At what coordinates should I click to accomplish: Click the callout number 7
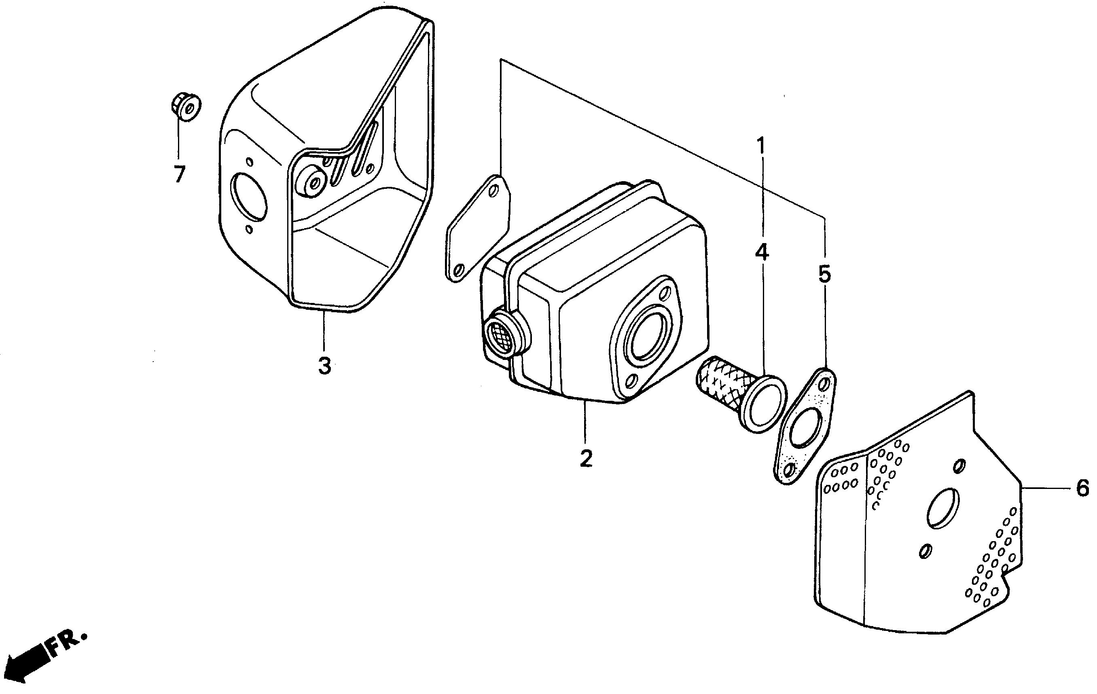point(180,174)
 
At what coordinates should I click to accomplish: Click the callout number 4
point(762,253)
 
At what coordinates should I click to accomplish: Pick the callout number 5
point(825,275)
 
